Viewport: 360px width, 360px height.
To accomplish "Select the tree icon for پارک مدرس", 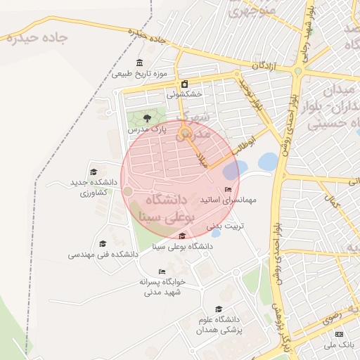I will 146,118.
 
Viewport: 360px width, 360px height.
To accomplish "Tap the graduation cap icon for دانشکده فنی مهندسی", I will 103,243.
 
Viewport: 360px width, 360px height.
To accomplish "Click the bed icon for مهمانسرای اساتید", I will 227,189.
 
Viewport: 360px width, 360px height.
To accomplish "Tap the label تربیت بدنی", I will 225,228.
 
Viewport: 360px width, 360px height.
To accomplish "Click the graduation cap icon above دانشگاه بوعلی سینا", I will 183,236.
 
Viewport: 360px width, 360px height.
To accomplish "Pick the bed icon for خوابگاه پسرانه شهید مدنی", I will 162,271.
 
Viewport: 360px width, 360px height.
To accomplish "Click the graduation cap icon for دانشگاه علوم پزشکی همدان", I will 218,309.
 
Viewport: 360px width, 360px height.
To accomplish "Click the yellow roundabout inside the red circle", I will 185,133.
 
